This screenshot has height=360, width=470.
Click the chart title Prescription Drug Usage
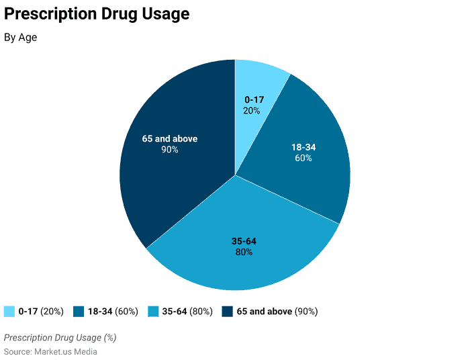pos(97,14)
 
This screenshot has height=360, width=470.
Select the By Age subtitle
pos(21,38)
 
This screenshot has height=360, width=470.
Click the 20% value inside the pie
pos(252,110)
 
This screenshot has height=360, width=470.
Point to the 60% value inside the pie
pos(303,159)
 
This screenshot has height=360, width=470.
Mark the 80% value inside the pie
pos(244,252)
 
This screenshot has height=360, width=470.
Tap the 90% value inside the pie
pos(170,150)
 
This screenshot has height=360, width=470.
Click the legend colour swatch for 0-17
pos(9,312)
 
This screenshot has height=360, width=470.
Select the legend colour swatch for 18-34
pos(79,312)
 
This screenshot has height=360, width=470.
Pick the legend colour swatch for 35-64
pos(152,312)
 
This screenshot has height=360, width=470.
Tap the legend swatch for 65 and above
pos(227,312)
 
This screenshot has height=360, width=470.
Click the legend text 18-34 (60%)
pos(113,312)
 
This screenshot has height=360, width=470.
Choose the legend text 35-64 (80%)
pos(187,312)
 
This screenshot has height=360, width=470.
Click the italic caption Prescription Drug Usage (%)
pos(60,337)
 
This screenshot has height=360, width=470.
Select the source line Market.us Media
pos(50,352)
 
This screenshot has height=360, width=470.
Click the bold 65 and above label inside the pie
pos(170,139)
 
